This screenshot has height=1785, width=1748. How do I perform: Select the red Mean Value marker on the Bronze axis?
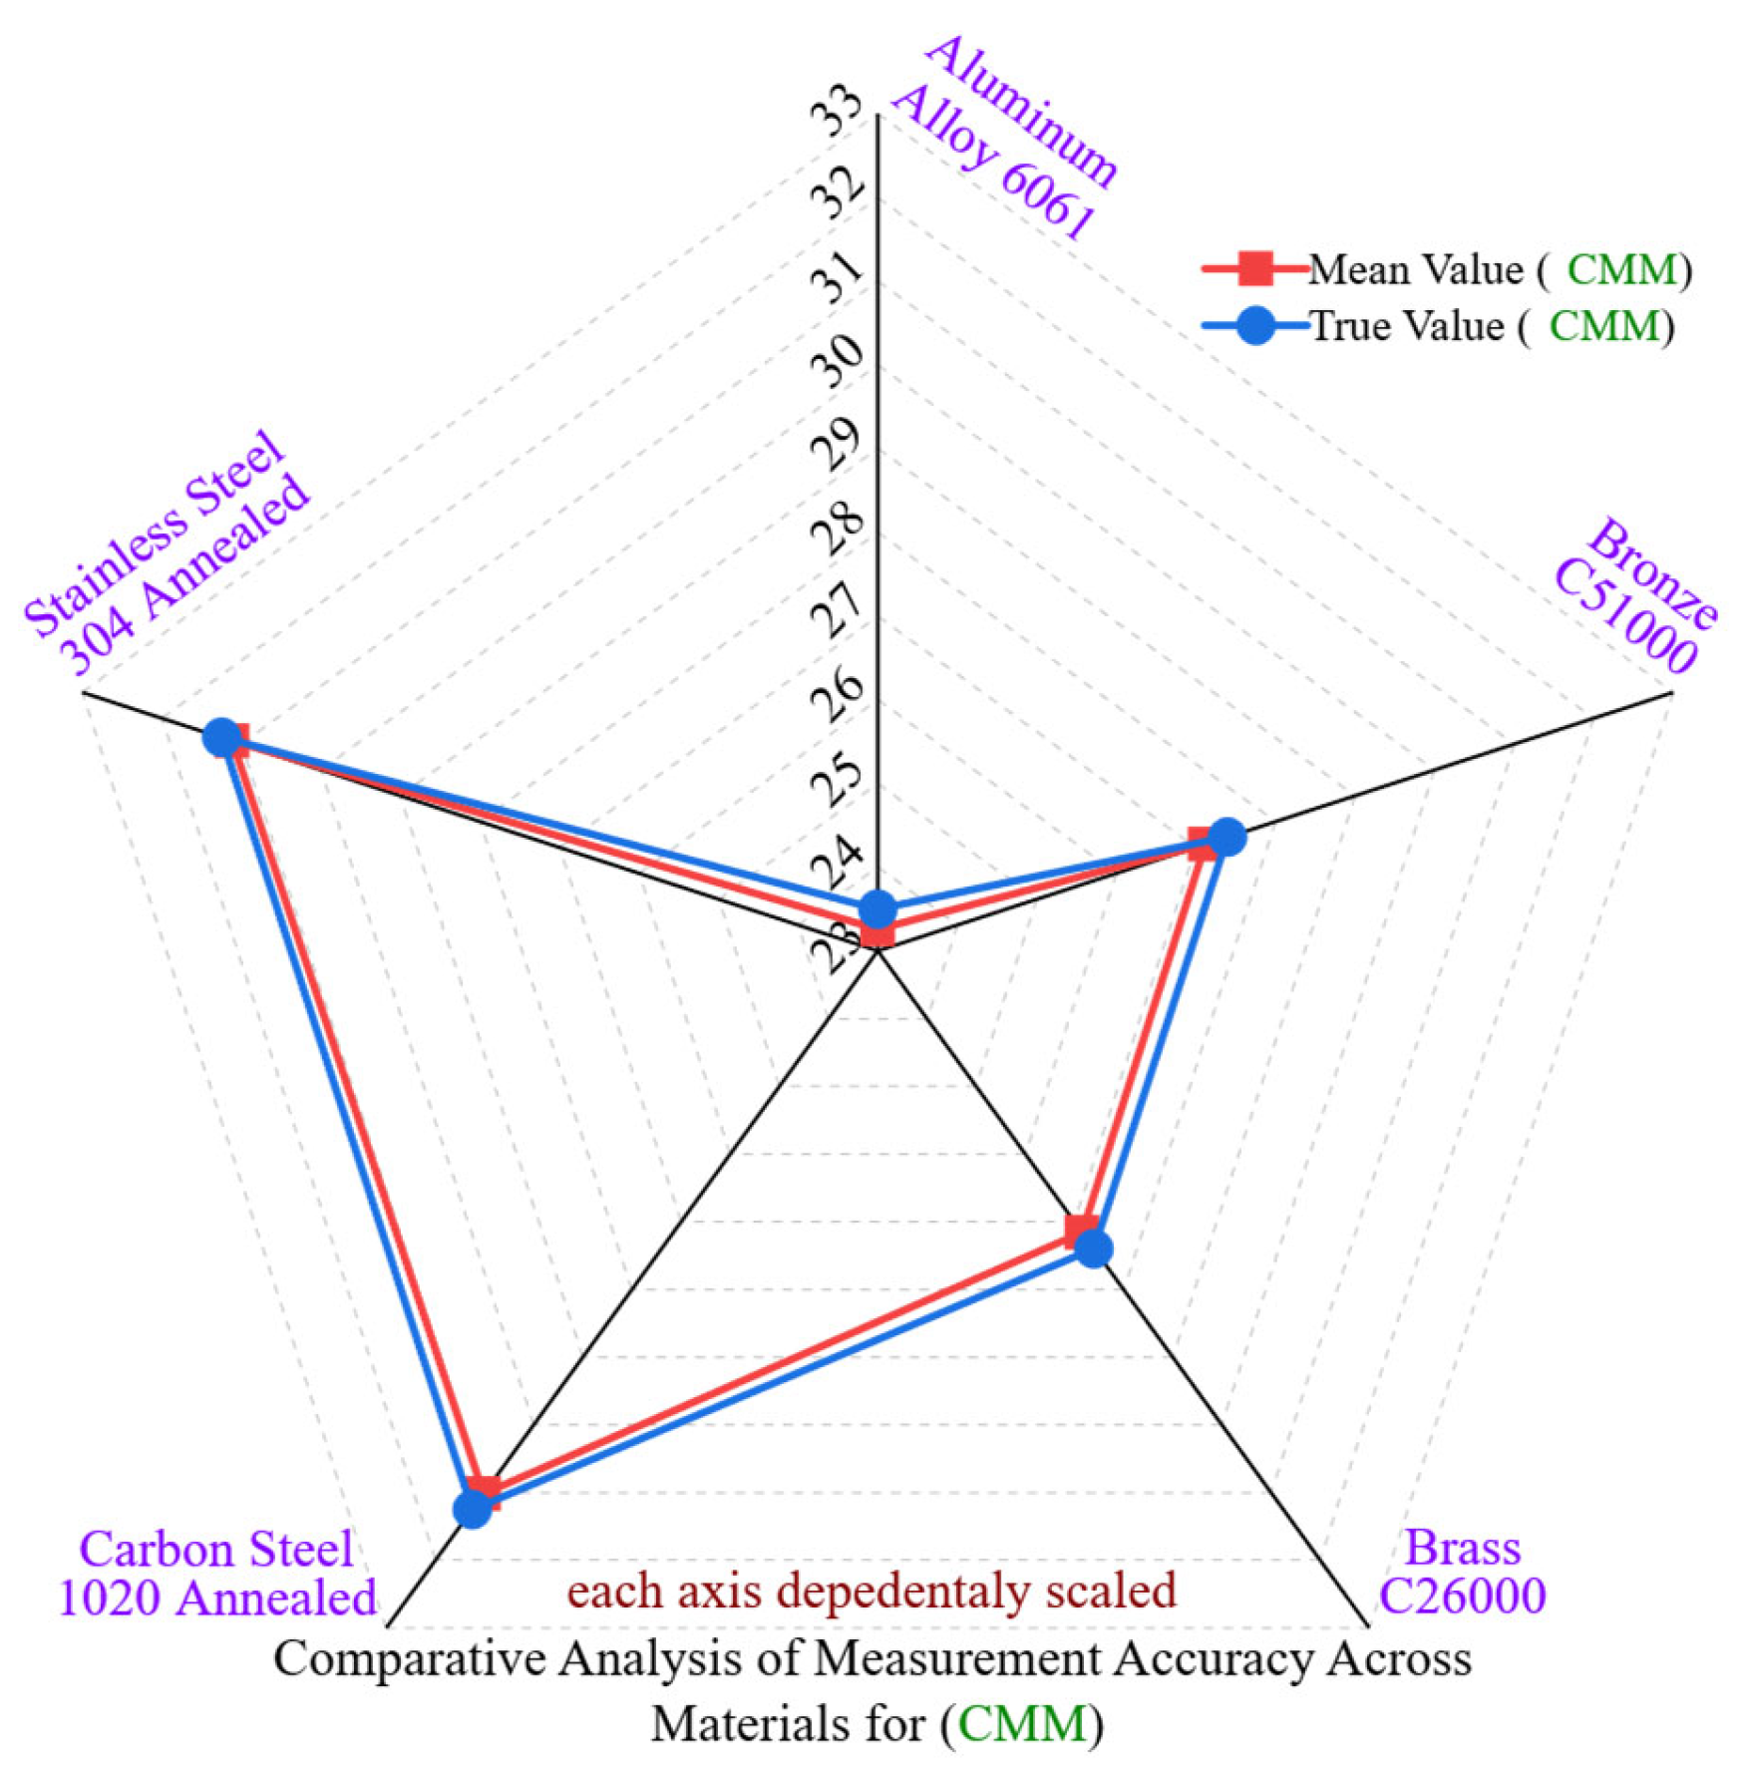[1204, 845]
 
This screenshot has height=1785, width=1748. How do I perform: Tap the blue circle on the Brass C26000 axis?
[1095, 1248]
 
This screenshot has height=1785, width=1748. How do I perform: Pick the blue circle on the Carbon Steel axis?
[473, 1509]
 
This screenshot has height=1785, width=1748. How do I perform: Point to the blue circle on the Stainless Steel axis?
[222, 738]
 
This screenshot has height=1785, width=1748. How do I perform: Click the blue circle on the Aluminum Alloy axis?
[877, 908]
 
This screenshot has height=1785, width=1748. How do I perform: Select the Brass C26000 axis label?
[1462, 1572]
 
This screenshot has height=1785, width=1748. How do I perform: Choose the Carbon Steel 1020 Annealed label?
[217, 1574]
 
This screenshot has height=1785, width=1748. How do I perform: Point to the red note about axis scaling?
[872, 1591]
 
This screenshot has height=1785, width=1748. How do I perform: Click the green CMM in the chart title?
[1022, 1723]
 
